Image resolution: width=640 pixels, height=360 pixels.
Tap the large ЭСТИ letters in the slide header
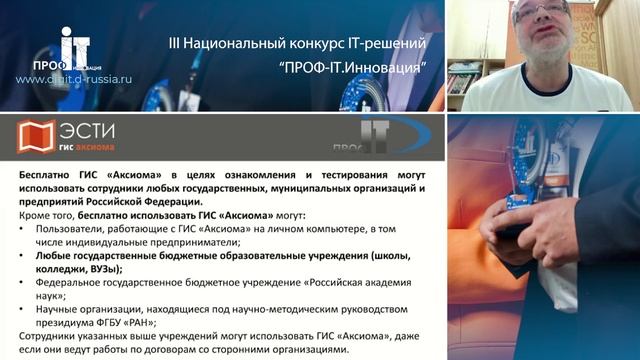coord(88,130)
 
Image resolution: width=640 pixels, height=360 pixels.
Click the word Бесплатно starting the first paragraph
coord(47,174)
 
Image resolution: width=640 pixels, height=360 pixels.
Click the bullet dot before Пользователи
coord(24,230)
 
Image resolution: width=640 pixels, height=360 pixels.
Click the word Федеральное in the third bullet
coord(71,284)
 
